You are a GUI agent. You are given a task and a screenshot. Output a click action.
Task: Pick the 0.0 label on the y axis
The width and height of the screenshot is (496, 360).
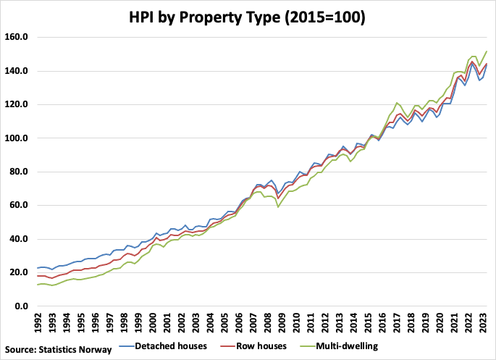tap(19, 306)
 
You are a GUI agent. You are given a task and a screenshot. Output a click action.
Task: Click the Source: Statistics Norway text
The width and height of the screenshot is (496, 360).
tap(59, 350)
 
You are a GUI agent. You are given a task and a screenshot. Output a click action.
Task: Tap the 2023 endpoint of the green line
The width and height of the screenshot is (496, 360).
tap(486, 51)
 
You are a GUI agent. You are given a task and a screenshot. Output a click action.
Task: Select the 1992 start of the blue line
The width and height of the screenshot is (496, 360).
tap(36, 268)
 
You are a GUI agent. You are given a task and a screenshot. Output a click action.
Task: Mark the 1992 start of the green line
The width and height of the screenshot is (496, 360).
tap(36, 285)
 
